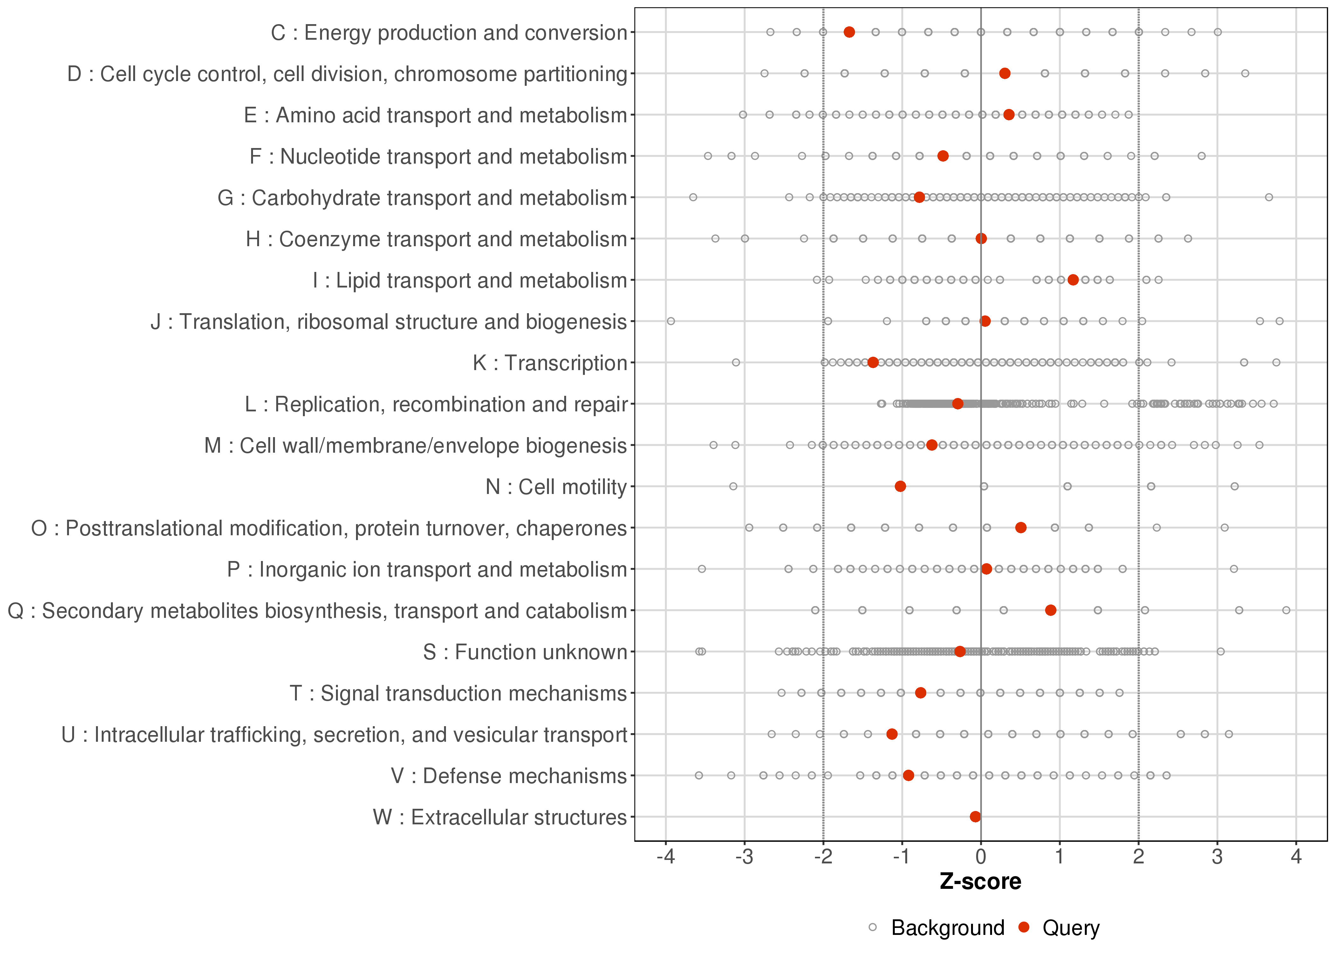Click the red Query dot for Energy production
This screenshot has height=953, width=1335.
pyautogui.click(x=849, y=32)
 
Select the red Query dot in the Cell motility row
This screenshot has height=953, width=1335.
pyautogui.click(x=900, y=486)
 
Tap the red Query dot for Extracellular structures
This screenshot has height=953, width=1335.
pyautogui.click(x=975, y=817)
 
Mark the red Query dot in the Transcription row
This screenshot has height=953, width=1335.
pyautogui.click(x=873, y=363)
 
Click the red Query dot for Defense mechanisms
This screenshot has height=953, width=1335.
pyautogui.click(x=908, y=776)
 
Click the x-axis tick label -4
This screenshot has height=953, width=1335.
pyautogui.click(x=665, y=857)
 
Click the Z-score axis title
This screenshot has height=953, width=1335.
pyautogui.click(x=980, y=882)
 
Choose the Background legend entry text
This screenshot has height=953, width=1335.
pyautogui.click(x=948, y=928)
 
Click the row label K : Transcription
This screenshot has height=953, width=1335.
pyautogui.click(x=550, y=363)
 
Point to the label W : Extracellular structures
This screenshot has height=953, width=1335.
pyautogui.click(x=500, y=817)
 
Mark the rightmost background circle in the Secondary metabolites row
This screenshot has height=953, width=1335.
pyautogui.click(x=1286, y=610)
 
